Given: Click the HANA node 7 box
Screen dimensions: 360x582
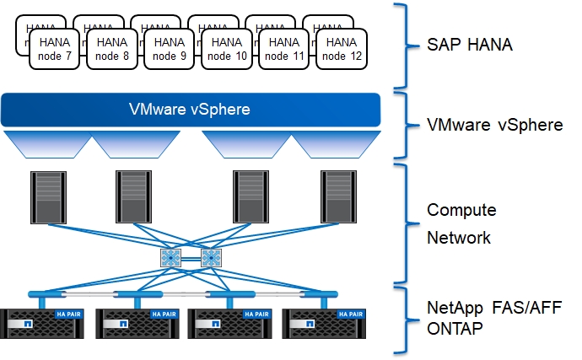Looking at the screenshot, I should pyautogui.click(x=57, y=49).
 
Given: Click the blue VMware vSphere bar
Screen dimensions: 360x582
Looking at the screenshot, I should pyautogui.click(x=190, y=110).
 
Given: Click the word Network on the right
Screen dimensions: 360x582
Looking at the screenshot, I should pyautogui.click(x=459, y=237).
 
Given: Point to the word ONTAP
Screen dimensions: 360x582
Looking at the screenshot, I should pyautogui.click(x=455, y=329).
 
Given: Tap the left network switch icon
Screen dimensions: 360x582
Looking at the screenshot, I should pyautogui.click(x=170, y=258).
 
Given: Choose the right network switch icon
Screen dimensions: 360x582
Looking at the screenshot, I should pyautogui.click(x=210, y=258).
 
